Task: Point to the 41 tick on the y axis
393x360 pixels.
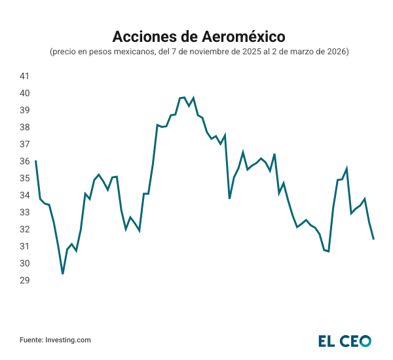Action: coord(24,76)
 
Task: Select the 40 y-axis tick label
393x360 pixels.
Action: coord(24,93)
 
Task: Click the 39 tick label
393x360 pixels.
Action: coord(24,110)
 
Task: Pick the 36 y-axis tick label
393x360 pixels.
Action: coord(24,161)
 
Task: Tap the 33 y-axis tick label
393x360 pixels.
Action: coord(24,212)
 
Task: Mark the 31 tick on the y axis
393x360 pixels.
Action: coord(24,246)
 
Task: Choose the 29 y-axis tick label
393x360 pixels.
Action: coord(24,280)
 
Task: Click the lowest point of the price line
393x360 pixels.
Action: coord(63,274)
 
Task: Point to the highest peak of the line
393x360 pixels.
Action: coord(184,98)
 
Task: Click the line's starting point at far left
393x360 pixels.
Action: coord(35,161)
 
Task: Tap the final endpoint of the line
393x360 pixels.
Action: coord(373,239)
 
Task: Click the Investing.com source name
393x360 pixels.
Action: coord(67,340)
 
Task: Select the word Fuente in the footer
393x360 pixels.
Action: coord(30,340)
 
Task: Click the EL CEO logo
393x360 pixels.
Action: coord(345,340)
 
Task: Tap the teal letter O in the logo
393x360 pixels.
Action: coord(364,340)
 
